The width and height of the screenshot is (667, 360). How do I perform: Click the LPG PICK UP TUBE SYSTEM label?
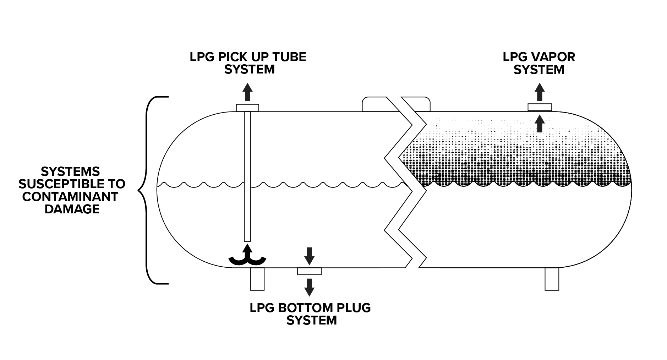click(x=248, y=63)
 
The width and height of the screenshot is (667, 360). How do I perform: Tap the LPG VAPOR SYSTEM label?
click(x=539, y=63)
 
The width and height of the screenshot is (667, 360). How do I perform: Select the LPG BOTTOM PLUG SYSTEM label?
click(x=311, y=314)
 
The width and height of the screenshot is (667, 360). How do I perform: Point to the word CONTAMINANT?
click(x=70, y=196)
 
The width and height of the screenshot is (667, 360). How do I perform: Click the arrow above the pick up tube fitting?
click(x=248, y=92)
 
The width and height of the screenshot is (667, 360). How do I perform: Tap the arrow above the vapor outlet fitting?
click(x=540, y=92)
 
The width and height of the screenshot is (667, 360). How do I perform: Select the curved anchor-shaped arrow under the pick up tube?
click(x=247, y=256)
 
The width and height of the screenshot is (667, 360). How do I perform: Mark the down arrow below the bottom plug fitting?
click(x=310, y=287)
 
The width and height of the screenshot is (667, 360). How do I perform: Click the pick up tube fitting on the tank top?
click(x=247, y=108)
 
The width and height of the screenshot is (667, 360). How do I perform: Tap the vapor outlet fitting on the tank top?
click(x=540, y=107)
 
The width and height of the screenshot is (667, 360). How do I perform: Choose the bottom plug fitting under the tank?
click(x=309, y=271)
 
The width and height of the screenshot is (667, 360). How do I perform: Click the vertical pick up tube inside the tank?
click(x=247, y=178)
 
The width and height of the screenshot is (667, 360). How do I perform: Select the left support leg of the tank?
click(x=257, y=279)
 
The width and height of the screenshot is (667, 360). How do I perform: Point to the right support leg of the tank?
click(x=552, y=279)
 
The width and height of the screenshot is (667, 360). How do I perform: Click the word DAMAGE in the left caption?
click(x=72, y=209)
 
